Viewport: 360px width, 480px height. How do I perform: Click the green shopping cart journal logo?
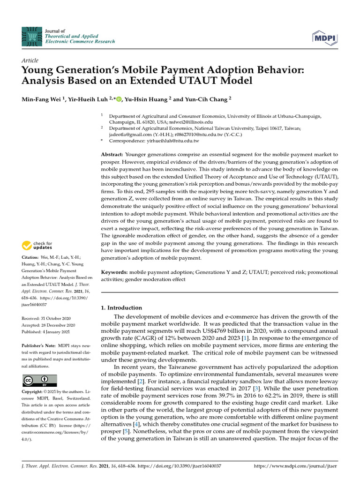click(32, 36)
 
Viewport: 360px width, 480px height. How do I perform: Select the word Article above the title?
click(30, 60)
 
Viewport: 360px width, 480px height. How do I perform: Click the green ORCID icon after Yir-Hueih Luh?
click(119, 99)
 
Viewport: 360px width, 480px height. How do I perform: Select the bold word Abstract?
click(112, 154)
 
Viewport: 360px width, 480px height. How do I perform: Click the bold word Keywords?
click(114, 272)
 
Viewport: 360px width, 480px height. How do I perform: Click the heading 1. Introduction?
click(121, 308)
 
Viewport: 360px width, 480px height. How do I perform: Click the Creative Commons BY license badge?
click(39, 380)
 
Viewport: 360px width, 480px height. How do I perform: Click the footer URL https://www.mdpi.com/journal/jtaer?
click(295, 467)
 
